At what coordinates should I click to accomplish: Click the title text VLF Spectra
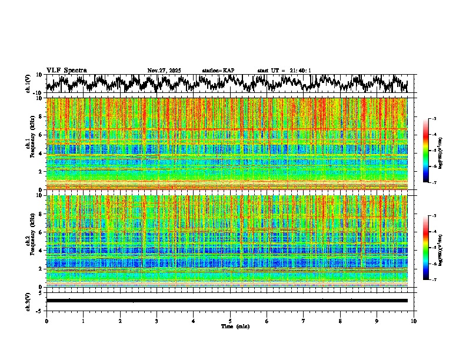66,71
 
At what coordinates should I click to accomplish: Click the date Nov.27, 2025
164,71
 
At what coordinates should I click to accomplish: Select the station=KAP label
218,71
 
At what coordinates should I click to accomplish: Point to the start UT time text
284,71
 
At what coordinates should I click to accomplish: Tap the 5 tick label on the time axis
230,321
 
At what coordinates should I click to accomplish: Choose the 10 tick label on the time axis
414,321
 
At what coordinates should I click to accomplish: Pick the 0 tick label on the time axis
46,321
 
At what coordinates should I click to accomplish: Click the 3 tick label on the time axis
157,321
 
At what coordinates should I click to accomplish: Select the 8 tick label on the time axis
340,321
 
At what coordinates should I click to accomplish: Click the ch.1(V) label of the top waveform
28,84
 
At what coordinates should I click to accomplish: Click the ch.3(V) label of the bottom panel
28,301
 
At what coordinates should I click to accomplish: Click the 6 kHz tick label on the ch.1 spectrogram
40,135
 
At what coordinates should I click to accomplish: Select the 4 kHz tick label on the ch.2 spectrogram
40,251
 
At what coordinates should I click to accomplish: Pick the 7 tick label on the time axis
304,321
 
